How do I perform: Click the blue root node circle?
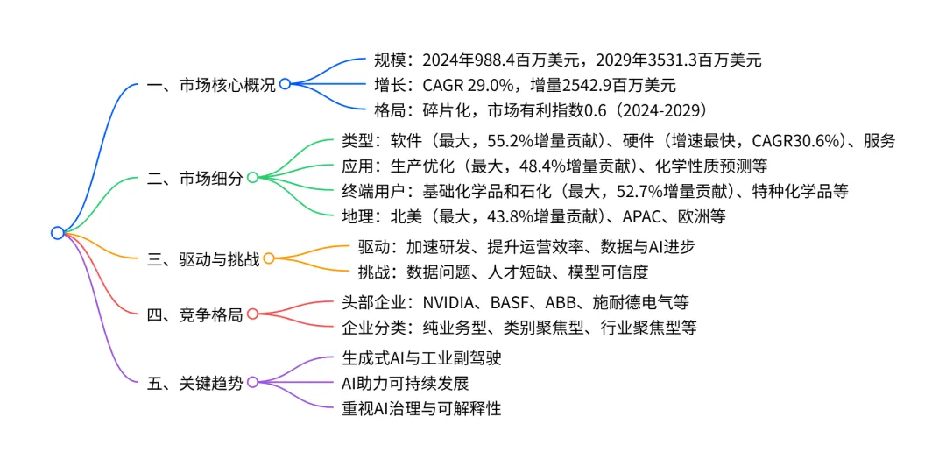tap(58, 233)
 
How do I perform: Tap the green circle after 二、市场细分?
tap(252, 178)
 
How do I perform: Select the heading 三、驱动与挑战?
tap(202, 258)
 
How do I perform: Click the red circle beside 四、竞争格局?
tap(252, 314)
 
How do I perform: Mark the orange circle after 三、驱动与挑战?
tap(269, 258)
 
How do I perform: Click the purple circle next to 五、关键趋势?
tap(252, 382)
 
